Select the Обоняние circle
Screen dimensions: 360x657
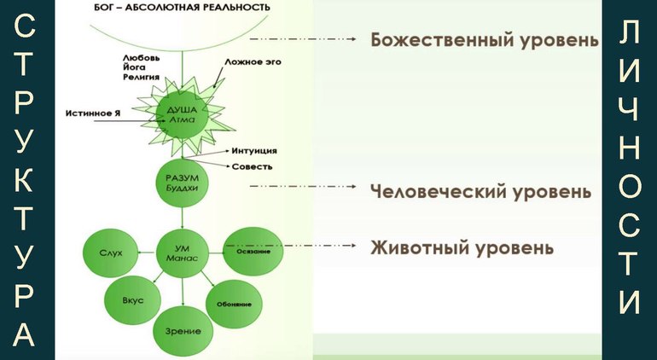pos(233,301)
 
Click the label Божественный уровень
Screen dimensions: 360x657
pos(484,40)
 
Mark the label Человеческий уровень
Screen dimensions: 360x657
pos(480,190)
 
